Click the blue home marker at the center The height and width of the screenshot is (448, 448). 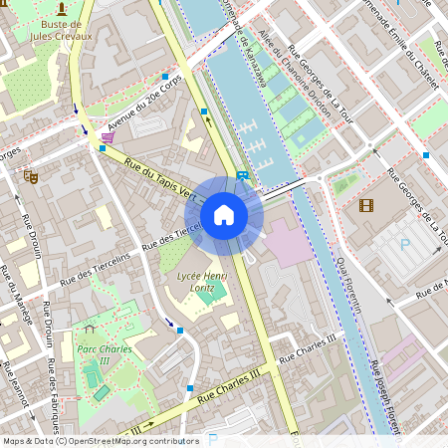coord(224,214)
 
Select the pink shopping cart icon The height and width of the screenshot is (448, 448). coord(107,136)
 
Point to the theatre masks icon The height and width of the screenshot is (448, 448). coord(31,175)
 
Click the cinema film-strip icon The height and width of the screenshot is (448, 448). coord(366,206)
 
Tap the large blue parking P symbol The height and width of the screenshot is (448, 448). coord(405,243)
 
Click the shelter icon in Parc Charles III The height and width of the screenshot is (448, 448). coord(89,328)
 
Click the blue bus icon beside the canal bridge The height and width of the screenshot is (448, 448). coord(243,175)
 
